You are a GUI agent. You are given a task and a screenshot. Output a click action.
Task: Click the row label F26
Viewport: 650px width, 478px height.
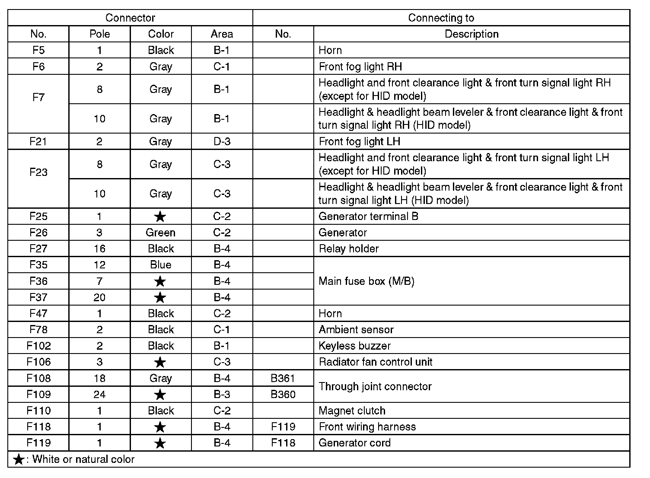pyautogui.click(x=38, y=233)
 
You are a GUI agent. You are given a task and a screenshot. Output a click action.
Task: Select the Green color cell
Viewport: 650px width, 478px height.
pyautogui.click(x=160, y=233)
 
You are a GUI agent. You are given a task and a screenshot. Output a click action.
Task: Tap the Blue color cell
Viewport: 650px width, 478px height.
pyautogui.click(x=160, y=264)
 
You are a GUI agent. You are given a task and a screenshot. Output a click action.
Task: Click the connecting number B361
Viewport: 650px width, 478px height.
pyautogui.click(x=283, y=378)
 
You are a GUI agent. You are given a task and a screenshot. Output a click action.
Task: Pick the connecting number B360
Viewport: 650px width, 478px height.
pyautogui.click(x=283, y=394)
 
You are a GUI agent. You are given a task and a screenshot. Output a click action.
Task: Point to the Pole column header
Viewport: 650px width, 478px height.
pyautogui.click(x=99, y=34)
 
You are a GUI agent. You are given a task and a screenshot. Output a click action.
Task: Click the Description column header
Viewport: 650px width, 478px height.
pyautogui.click(x=472, y=34)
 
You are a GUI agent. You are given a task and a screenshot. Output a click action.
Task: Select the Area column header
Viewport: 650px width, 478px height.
pyautogui.click(x=222, y=34)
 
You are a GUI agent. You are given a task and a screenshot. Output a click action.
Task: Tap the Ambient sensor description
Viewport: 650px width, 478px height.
pyautogui.click(x=356, y=329)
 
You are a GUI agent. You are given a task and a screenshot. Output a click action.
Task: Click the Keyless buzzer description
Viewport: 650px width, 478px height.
pyautogui.click(x=354, y=346)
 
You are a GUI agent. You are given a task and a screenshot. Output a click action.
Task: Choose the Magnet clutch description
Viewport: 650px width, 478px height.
pyautogui.click(x=352, y=411)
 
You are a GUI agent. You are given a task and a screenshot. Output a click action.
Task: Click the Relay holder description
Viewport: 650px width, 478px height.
pyautogui.click(x=348, y=249)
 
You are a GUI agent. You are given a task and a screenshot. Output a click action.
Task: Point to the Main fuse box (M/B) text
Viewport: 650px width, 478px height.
pyautogui.click(x=366, y=281)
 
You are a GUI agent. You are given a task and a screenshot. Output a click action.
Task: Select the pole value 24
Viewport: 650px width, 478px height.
pyautogui.click(x=99, y=394)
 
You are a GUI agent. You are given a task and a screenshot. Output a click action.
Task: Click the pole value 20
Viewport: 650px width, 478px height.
pyautogui.click(x=99, y=297)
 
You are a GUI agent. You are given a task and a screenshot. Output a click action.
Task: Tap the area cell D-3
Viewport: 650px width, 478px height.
pyautogui.click(x=222, y=141)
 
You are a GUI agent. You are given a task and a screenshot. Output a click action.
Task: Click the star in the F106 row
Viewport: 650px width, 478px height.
pyautogui.click(x=160, y=362)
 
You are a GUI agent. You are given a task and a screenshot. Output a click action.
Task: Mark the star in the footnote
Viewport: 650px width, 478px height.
pyautogui.click(x=19, y=459)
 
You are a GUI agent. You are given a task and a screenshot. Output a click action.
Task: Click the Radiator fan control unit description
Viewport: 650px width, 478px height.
pyautogui.click(x=375, y=362)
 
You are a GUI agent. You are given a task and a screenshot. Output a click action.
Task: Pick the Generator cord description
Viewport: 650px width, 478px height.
pyautogui.click(x=354, y=443)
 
